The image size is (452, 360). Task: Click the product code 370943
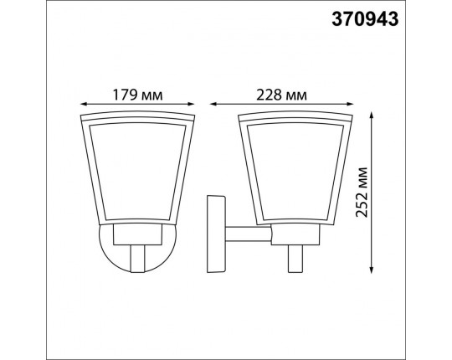coord(365,19)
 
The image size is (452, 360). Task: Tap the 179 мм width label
coord(137,95)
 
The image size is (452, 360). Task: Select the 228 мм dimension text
coord(281,95)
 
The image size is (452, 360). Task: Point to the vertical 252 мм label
coord(362,193)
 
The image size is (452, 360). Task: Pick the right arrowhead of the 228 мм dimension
coord(350,104)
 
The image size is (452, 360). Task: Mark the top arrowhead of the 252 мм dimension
coord(372,115)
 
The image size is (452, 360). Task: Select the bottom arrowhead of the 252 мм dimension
coord(372,270)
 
